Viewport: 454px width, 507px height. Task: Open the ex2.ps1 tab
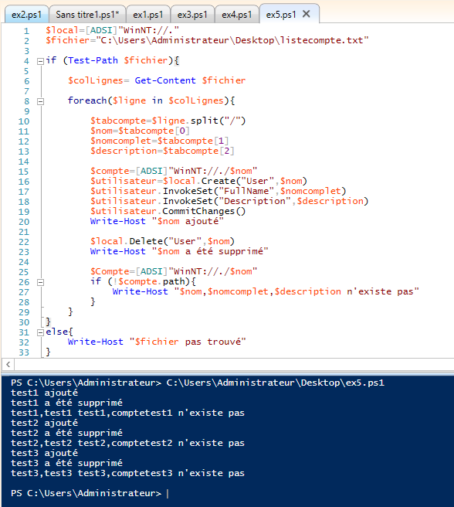coord(26,15)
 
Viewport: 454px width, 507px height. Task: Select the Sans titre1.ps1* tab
coord(87,15)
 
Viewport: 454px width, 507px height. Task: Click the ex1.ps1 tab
coord(148,15)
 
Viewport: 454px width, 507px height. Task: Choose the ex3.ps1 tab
coord(192,15)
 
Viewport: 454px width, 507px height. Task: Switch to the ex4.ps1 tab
coord(236,15)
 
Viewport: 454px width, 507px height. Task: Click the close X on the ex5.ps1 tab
coord(307,14)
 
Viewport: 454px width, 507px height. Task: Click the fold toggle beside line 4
coord(40,61)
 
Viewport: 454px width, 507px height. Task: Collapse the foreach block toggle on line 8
coord(40,101)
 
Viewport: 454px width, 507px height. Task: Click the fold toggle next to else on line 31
coord(40,332)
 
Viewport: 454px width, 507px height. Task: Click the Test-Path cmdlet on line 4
coord(93,60)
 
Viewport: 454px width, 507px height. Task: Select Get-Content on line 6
coord(165,80)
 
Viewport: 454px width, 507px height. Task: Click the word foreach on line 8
coord(87,100)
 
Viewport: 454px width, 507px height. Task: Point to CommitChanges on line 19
coord(198,211)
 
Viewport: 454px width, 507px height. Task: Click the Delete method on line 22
coord(146,241)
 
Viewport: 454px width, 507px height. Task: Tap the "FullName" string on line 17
coord(246,191)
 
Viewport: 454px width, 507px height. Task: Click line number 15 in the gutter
coord(24,172)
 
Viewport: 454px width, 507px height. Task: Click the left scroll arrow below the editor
coord(8,365)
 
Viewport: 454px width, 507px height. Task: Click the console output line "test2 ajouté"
coord(44,423)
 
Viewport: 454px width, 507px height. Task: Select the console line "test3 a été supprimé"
coord(66,463)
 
